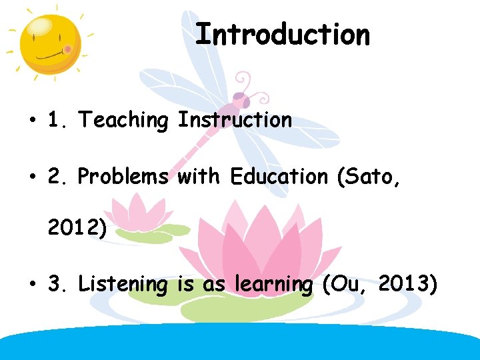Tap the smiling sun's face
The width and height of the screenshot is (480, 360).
[x=48, y=43]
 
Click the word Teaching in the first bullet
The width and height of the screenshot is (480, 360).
[x=123, y=120]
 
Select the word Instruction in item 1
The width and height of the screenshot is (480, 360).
[x=235, y=120]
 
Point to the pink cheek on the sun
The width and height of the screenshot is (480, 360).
[x=67, y=49]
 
